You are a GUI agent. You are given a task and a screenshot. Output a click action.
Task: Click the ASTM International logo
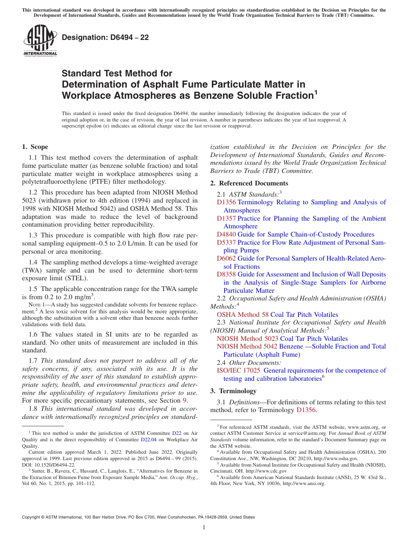click(40, 41)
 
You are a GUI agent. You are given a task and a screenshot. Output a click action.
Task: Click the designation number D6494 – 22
click(105, 37)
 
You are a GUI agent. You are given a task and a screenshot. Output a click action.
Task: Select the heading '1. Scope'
click(35, 147)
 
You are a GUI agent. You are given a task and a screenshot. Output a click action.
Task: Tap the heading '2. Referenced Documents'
click(249, 183)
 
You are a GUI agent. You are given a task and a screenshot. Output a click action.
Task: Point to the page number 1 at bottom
click(204, 528)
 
